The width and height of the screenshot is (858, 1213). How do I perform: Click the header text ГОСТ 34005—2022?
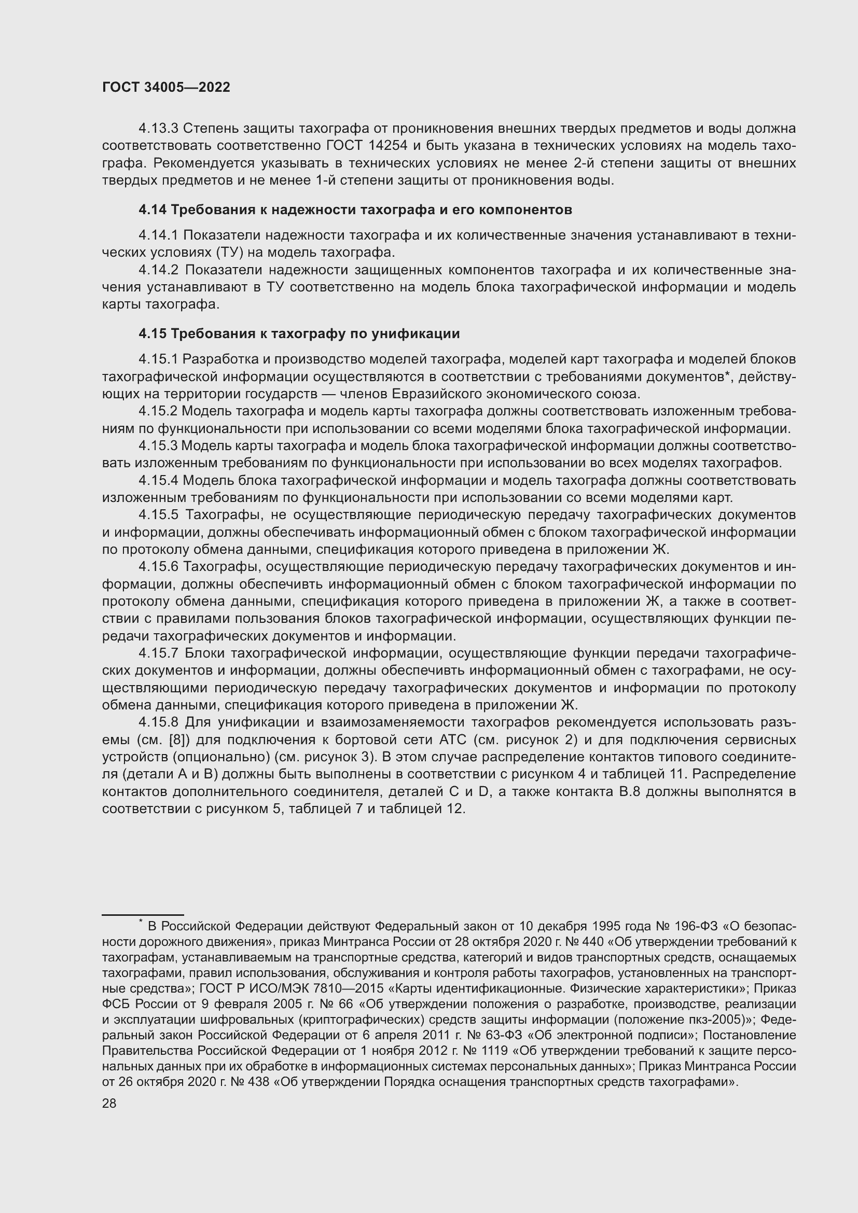(x=166, y=88)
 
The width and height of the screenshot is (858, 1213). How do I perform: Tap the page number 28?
(x=109, y=1103)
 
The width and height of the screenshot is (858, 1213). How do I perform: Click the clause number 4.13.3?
(x=159, y=129)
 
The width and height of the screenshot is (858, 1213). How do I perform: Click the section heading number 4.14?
(x=153, y=210)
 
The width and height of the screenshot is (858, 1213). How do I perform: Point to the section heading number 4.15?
(x=153, y=334)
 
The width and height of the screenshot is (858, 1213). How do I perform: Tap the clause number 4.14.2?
(x=159, y=270)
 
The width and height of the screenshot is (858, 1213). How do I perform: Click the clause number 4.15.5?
(x=159, y=515)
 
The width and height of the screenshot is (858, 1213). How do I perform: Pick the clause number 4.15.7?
(x=159, y=653)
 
